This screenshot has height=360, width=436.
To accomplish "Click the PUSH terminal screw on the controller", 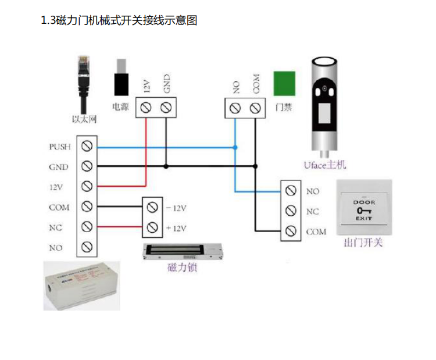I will point(87,146).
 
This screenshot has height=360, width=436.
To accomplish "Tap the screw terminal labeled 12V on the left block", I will point(87,186).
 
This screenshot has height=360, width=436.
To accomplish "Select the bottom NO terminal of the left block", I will point(87,247).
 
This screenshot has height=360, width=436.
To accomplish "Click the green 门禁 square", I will point(284,82).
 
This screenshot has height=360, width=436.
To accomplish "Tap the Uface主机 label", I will point(324,165).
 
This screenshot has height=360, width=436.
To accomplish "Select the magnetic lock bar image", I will point(183,251).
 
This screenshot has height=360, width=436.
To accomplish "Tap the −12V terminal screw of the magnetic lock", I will point(152,207).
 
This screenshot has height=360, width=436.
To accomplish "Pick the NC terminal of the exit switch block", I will point(290,211).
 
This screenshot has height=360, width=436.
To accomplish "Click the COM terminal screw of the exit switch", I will point(290,231).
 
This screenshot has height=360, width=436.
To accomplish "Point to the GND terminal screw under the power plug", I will point(166,107).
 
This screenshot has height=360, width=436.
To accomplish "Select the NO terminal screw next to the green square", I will point(235,108).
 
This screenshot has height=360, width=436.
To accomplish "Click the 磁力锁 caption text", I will point(181,268).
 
